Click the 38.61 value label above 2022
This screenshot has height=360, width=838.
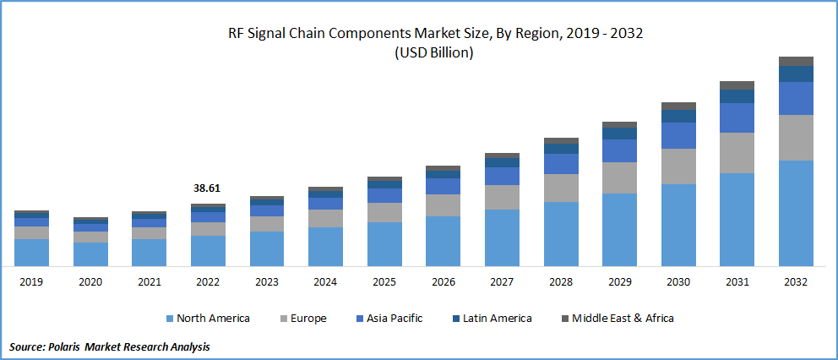(208, 188)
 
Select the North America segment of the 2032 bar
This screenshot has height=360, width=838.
(795, 213)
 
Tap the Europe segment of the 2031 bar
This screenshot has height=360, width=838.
(737, 153)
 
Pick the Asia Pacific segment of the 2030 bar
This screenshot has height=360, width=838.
(678, 135)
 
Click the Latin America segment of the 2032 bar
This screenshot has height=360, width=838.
(795, 74)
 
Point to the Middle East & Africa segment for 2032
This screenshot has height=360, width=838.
(795, 61)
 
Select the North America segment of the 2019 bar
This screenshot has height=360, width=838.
(31, 253)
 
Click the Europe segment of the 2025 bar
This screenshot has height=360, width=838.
(384, 212)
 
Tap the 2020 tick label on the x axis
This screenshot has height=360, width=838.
(90, 281)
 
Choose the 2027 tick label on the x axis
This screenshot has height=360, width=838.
(502, 281)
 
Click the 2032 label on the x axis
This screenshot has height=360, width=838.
(795, 281)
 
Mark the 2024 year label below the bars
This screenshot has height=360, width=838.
(325, 281)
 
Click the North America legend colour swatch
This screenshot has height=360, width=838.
(169, 319)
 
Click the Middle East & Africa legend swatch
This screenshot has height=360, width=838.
(565, 319)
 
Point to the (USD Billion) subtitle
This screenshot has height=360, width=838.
(433, 52)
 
